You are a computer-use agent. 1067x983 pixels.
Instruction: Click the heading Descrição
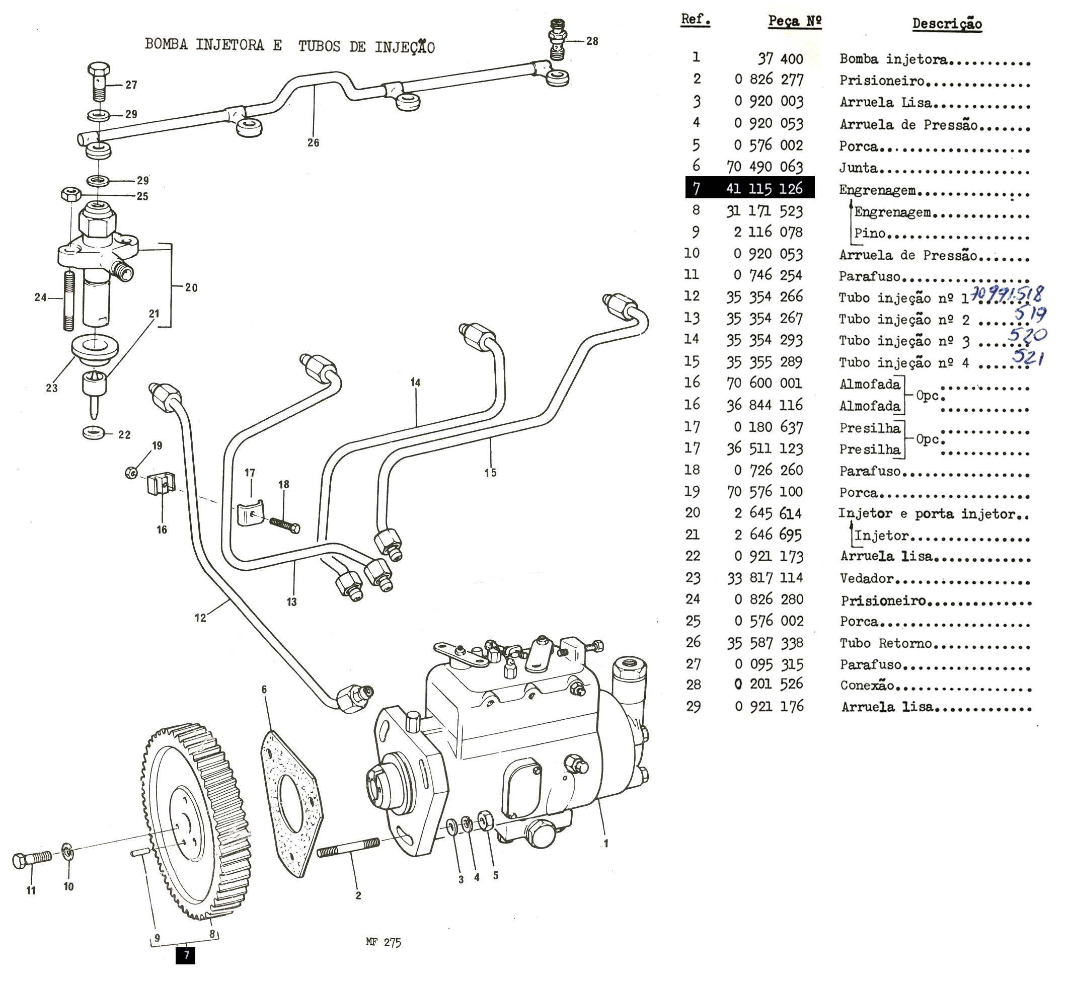(947, 24)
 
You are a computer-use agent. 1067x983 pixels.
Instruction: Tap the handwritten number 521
(1028, 356)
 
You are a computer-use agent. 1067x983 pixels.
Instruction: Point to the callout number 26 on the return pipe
(313, 142)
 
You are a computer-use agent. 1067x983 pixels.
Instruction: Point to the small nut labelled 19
(131, 472)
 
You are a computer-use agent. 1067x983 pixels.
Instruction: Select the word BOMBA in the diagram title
(166, 44)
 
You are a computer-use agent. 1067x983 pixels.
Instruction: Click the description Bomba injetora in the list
(893, 59)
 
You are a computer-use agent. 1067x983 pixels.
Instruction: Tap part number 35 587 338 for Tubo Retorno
(765, 643)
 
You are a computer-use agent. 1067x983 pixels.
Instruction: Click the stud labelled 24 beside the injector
(68, 300)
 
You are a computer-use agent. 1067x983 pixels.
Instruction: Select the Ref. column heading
(695, 20)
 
